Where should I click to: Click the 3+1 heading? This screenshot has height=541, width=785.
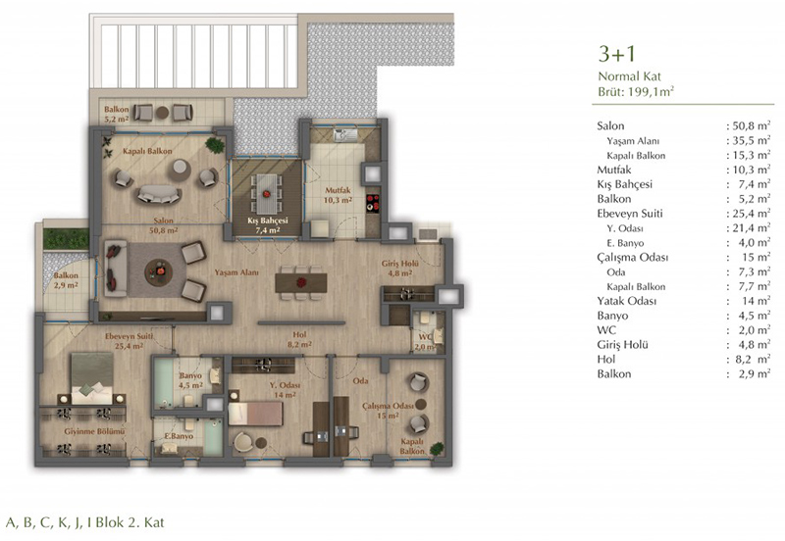pyautogui.click(x=616, y=54)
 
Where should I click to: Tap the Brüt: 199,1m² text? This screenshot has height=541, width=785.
pyautogui.click(x=635, y=91)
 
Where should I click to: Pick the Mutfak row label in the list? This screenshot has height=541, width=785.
pyautogui.click(x=614, y=170)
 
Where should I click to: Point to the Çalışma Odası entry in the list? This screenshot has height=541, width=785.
pyautogui.click(x=632, y=258)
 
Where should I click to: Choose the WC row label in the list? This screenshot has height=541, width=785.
pyautogui.click(x=606, y=330)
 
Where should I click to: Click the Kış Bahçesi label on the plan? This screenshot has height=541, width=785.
pyautogui.click(x=268, y=221)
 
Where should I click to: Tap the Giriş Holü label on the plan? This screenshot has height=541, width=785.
pyautogui.click(x=399, y=264)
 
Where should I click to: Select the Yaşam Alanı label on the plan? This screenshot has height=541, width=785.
pyautogui.click(x=236, y=272)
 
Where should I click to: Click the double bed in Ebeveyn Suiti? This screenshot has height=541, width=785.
pyautogui.click(x=92, y=378)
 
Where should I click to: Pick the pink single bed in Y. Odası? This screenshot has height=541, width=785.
pyautogui.click(x=255, y=414)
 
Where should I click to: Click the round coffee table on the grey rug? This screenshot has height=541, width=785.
pyautogui.click(x=159, y=272)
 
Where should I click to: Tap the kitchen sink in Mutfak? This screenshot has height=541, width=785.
pyautogui.click(x=345, y=134)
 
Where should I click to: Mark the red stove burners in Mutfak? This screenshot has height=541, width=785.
pyautogui.click(x=373, y=203)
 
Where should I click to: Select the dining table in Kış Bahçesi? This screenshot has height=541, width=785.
pyautogui.click(x=267, y=193)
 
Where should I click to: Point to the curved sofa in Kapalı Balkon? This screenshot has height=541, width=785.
pyautogui.click(x=158, y=194)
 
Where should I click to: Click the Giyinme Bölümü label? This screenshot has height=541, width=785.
pyautogui.click(x=94, y=431)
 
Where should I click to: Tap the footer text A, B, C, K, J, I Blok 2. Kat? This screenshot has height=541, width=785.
pyautogui.click(x=85, y=522)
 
